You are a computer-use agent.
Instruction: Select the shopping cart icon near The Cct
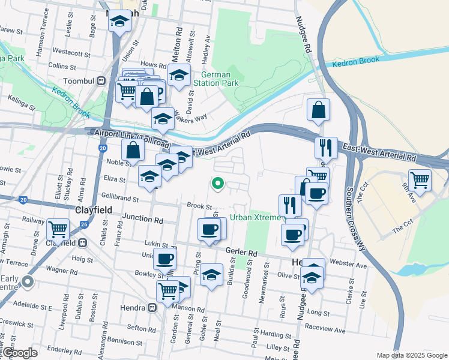pyautogui.click(x=420, y=179)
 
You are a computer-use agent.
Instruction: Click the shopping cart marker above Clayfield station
pyautogui.click(x=58, y=228)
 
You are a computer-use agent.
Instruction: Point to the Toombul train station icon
pyautogui.click(x=102, y=80)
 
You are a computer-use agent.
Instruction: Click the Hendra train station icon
pyautogui.click(x=152, y=308)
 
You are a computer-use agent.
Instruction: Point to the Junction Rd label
pyautogui.click(x=142, y=220)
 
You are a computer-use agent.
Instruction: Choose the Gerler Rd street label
pyautogui.click(x=241, y=253)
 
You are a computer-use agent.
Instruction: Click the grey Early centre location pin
pyautogui.click(x=27, y=281)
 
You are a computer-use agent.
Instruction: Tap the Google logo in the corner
pyautogui.click(x=19, y=353)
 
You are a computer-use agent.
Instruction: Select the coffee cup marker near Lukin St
pyautogui.click(x=164, y=259)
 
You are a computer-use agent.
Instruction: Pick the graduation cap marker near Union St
pyautogui.click(x=119, y=22)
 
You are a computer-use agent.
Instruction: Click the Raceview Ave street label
pyautogui.click(x=325, y=330)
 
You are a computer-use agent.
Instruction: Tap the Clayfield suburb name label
pyautogui.click(x=94, y=210)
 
